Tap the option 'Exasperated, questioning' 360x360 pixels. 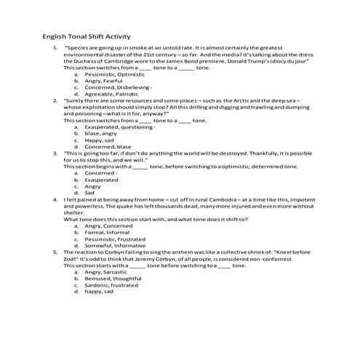click(119, 127)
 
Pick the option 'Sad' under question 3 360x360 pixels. click(91, 192)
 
